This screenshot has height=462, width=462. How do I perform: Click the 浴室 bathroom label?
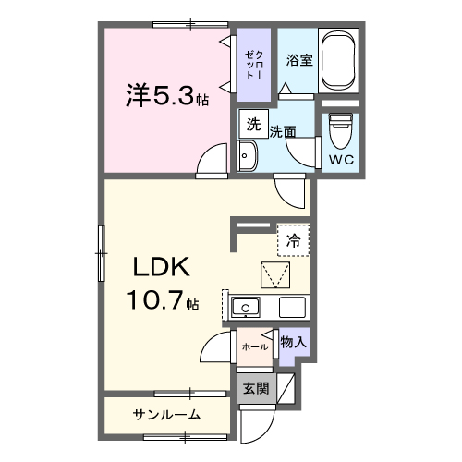pyautogui.click(x=297, y=60)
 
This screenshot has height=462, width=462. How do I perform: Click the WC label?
pyautogui.click(x=341, y=158)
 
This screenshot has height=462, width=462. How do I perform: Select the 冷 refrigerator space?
pyautogui.click(x=293, y=240)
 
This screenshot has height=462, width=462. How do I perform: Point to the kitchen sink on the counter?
pyautogui.click(x=248, y=308)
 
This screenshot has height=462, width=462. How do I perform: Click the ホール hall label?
pyautogui.click(x=254, y=346)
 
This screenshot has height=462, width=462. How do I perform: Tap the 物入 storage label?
pyautogui.click(x=293, y=342)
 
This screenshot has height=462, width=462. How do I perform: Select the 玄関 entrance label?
pyautogui.click(x=256, y=389)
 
